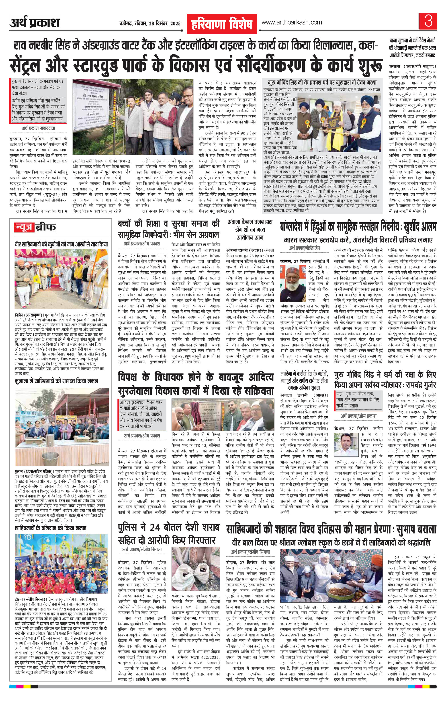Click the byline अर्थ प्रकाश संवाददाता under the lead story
point(38,128)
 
